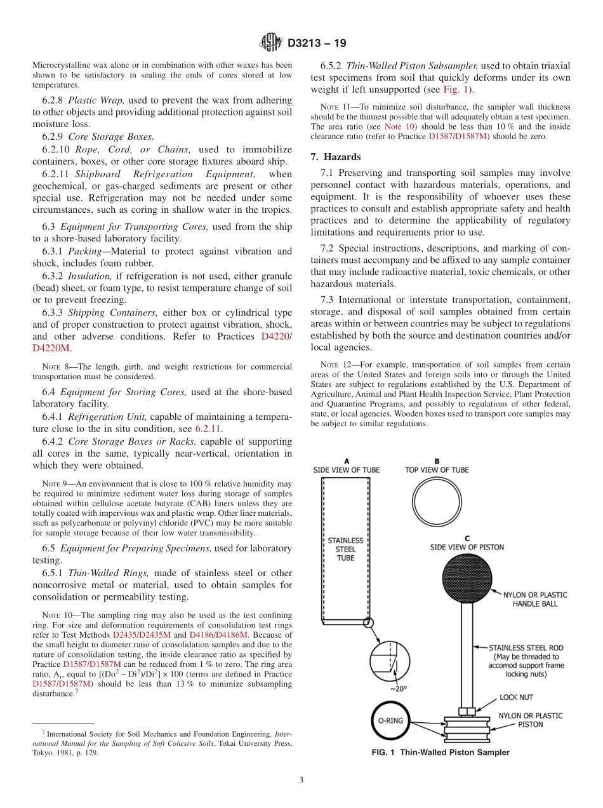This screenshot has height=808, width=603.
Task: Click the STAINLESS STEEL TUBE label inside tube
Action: coord(345,549)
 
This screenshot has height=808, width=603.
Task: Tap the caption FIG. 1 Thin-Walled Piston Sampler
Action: coord(440,753)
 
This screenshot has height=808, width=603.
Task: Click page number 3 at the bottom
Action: coord(301,780)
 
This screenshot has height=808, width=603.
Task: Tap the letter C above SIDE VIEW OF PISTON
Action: coord(467,537)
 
